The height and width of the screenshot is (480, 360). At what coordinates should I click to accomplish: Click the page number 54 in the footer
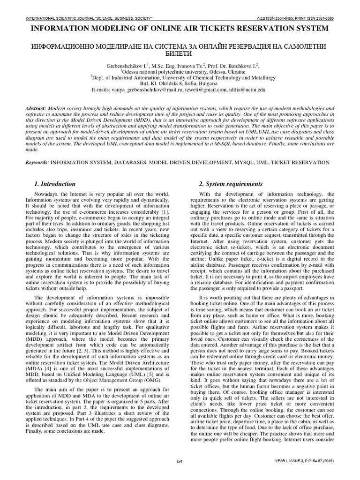(x=180, y=462)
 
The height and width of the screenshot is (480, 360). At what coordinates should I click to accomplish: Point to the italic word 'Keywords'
(x=37, y=162)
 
